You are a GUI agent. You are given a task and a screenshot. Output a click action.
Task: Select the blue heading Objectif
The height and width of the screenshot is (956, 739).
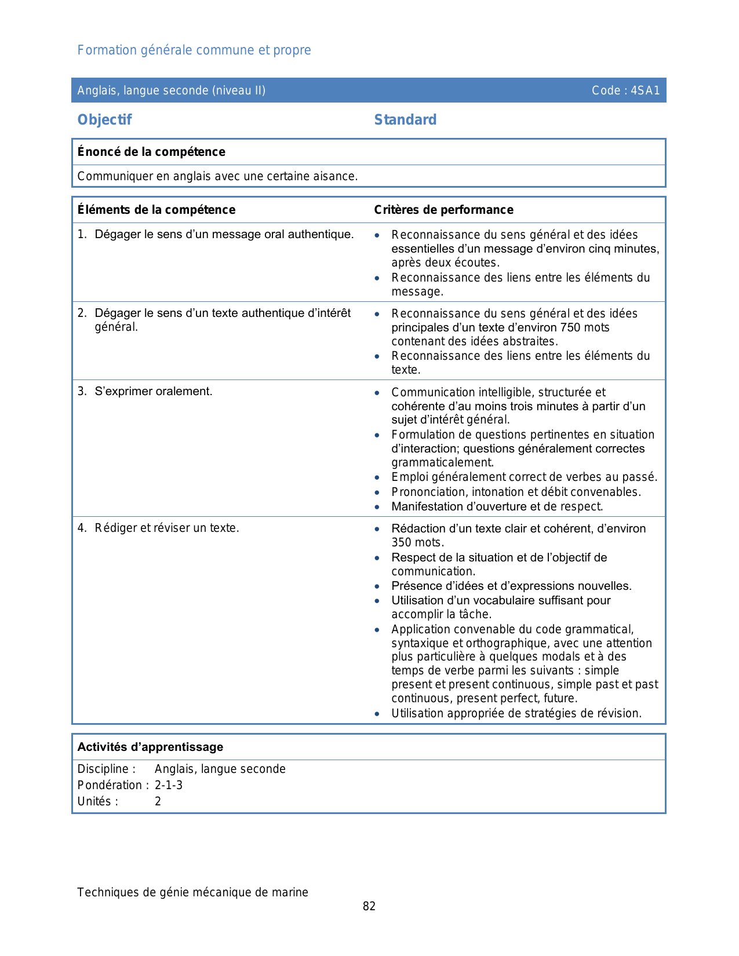click(104, 120)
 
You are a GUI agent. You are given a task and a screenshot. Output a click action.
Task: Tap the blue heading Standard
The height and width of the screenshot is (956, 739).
click(405, 120)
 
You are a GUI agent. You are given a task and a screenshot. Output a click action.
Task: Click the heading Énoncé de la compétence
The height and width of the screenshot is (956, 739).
click(151, 152)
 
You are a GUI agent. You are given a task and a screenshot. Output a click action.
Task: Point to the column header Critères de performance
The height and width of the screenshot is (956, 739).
click(443, 210)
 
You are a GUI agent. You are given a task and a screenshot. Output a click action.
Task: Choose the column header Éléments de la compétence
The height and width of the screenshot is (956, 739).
click(156, 210)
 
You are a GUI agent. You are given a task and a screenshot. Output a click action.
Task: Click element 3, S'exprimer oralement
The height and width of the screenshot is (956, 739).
click(153, 392)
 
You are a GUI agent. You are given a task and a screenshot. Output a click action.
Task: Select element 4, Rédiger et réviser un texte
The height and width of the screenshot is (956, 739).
click(166, 528)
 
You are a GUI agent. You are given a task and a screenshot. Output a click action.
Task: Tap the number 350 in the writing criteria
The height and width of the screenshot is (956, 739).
click(402, 542)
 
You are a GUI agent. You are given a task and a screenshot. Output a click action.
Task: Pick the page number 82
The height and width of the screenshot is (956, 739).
click(369, 906)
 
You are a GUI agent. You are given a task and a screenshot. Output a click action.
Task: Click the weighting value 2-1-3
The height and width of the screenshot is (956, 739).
click(169, 785)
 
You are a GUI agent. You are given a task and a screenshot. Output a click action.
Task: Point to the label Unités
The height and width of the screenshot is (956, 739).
click(97, 801)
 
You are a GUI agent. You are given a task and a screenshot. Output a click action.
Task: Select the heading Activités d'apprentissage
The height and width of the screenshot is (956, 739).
click(150, 747)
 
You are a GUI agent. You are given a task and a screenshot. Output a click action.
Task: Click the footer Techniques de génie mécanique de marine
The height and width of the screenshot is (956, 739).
click(192, 892)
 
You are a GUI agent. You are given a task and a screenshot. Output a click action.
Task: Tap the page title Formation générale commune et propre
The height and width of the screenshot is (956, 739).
click(194, 50)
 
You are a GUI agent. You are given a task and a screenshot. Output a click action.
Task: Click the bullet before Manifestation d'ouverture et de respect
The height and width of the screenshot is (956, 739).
click(377, 507)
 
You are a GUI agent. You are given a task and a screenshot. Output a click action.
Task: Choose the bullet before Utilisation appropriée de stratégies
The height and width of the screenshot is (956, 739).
click(377, 714)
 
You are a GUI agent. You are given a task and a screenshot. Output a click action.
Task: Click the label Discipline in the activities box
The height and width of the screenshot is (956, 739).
click(106, 769)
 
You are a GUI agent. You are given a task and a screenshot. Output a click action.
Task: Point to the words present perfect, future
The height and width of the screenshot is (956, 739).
click(516, 698)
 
